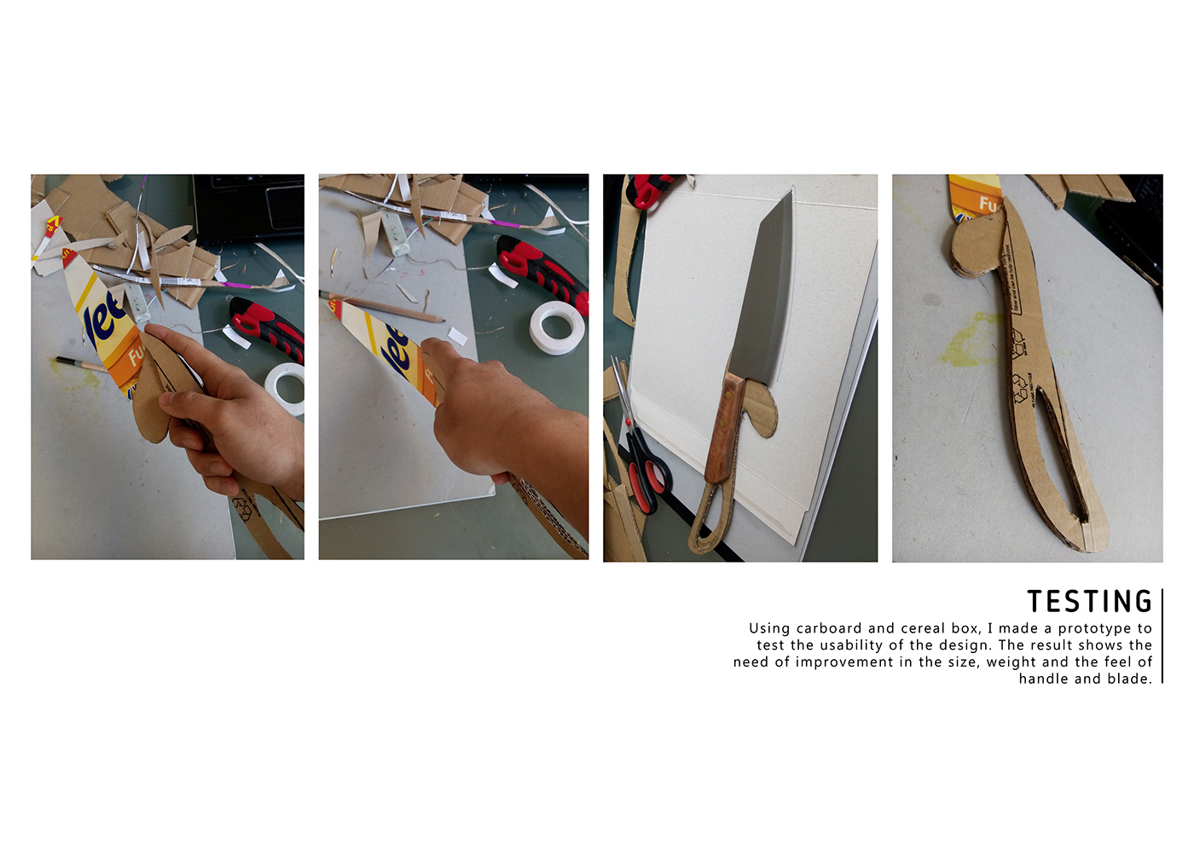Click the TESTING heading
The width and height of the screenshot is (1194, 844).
point(1089,602)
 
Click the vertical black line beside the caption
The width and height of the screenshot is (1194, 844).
point(1162,635)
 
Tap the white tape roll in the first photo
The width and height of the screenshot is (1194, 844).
point(287,388)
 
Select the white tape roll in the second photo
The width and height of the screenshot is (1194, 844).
point(556,327)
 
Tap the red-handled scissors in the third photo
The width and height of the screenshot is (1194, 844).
point(644,469)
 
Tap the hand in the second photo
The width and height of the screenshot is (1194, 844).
point(503,418)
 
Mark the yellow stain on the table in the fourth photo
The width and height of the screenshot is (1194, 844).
point(972,341)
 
